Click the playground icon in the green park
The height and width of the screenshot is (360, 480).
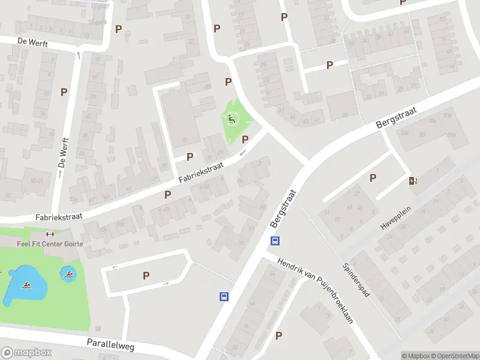click(x=231, y=119)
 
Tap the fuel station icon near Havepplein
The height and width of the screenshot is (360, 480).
click(x=413, y=181)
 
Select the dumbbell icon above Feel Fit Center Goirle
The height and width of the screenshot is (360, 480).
click(x=50, y=235)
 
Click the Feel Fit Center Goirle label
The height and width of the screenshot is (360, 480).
click(x=50, y=244)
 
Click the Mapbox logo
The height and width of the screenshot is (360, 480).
click(x=26, y=353)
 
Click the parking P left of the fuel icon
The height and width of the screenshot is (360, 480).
click(x=373, y=178)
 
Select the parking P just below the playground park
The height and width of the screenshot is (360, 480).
click(x=245, y=140)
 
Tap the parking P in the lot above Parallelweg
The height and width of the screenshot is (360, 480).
click(x=146, y=275)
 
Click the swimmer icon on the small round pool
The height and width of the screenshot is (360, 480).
click(x=68, y=274)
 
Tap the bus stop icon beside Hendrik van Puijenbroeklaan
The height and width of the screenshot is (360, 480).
click(x=275, y=241)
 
